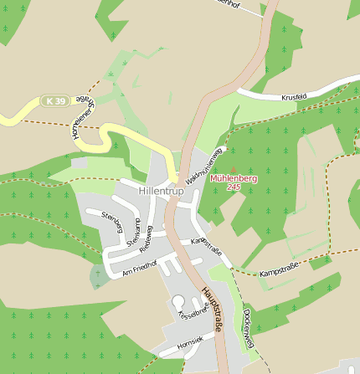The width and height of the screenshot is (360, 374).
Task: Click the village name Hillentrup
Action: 162,192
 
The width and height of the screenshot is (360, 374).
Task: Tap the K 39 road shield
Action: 55,101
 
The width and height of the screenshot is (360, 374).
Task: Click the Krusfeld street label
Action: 295,96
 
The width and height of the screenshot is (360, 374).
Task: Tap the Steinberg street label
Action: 112,223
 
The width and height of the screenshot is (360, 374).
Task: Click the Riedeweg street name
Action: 147,239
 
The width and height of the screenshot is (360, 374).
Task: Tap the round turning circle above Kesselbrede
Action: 178,300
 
